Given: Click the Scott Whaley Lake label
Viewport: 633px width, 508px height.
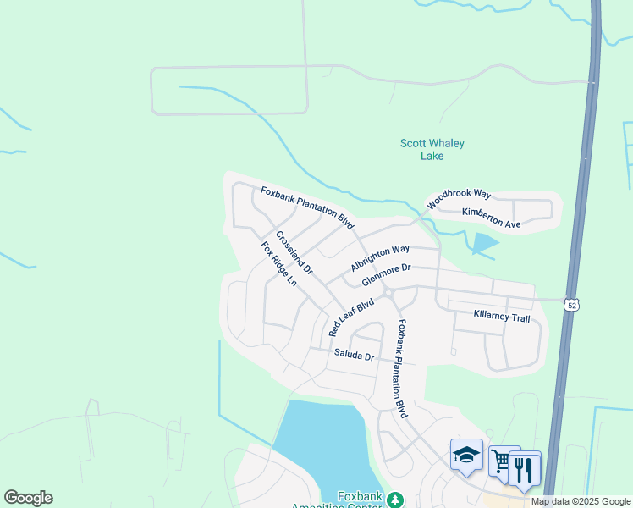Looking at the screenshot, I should (x=432, y=150).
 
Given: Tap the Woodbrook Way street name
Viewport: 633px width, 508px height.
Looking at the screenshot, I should (x=459, y=199).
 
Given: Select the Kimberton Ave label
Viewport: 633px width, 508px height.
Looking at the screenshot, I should (x=491, y=218).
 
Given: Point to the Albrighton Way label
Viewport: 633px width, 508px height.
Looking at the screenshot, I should (x=380, y=259).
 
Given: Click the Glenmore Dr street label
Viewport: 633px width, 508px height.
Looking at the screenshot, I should (x=385, y=274).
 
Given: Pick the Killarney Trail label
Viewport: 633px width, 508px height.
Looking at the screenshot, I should (x=502, y=317).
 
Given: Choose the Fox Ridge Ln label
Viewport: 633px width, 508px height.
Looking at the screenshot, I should (x=278, y=263).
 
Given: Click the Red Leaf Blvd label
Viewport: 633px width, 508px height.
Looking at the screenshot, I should (x=351, y=316).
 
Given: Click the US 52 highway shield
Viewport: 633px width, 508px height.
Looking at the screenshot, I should (x=573, y=304).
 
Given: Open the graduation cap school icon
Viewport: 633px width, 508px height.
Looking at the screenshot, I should (x=466, y=455).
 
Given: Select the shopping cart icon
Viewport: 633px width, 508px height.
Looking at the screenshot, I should (x=502, y=461).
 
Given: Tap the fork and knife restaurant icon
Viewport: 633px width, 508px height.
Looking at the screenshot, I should (x=525, y=467).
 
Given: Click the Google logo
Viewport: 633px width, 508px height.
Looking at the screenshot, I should (x=28, y=498).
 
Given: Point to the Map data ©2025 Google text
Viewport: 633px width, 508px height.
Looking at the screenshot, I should (x=581, y=501).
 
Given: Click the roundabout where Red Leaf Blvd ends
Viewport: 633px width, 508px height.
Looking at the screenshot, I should (x=386, y=293).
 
